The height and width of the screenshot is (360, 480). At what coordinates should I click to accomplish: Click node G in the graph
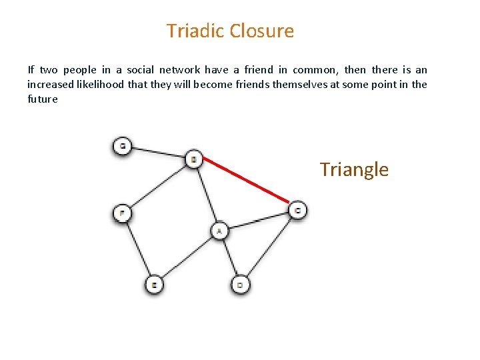click(x=122, y=145)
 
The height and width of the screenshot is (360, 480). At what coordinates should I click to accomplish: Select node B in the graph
click(x=193, y=159)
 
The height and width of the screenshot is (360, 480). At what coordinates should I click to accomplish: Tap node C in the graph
click(x=297, y=211)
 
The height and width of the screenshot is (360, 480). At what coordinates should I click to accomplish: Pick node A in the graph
click(x=220, y=231)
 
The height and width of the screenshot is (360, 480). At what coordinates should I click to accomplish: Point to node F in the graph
click(x=122, y=213)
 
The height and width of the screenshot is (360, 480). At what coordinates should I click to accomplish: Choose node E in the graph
click(x=154, y=285)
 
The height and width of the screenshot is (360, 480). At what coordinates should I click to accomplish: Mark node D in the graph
click(x=241, y=285)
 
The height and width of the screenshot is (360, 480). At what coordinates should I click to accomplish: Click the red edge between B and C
click(x=245, y=181)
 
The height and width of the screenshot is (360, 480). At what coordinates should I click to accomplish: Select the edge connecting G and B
click(x=157, y=152)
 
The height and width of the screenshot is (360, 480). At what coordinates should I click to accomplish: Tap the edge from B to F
click(x=158, y=186)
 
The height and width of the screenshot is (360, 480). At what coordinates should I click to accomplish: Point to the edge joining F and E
click(x=138, y=249)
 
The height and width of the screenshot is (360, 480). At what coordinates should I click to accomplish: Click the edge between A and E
click(x=187, y=258)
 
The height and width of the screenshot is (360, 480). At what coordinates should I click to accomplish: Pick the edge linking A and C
click(x=259, y=221)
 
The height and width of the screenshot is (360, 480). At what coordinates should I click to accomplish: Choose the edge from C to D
click(x=269, y=247)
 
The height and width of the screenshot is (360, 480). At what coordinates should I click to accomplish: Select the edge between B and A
click(x=207, y=195)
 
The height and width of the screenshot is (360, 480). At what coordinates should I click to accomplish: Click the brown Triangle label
click(x=353, y=169)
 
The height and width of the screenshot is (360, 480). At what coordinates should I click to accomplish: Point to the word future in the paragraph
click(x=43, y=99)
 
